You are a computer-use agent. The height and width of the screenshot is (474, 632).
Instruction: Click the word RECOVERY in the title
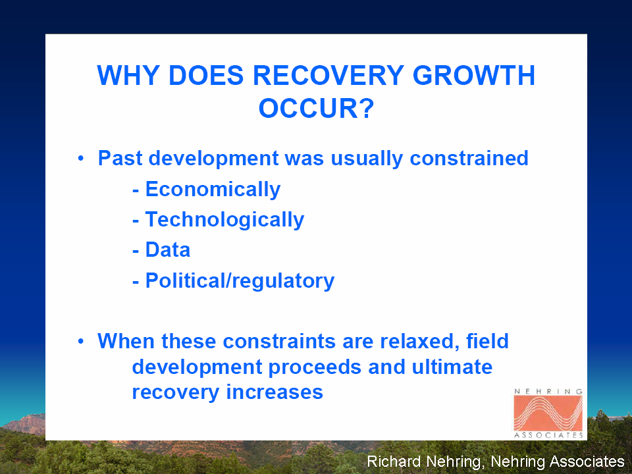coord(328,75)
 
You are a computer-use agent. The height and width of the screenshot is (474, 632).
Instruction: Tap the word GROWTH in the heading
coord(473,75)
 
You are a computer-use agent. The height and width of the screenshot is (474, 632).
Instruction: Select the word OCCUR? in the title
coord(317,108)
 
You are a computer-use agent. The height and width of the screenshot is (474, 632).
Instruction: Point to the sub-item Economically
coord(213,190)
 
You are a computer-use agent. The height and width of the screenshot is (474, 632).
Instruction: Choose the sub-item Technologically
coord(224,220)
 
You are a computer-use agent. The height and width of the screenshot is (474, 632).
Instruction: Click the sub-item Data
coord(168,250)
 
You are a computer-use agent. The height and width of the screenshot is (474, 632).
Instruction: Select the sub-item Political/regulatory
coord(240,281)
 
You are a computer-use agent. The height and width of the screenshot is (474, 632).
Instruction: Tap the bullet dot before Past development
coord(82,158)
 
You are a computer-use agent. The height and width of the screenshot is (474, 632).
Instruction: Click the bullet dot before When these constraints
coord(82,342)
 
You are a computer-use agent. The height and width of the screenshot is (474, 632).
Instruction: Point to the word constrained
coord(469,158)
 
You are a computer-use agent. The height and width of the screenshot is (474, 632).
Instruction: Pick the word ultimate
coord(452,367)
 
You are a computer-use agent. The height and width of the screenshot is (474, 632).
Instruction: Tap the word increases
coord(275,392)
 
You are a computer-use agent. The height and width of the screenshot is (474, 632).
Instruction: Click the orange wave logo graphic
coord(548,413)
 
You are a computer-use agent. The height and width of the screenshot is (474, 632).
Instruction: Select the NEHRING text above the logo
coord(548,391)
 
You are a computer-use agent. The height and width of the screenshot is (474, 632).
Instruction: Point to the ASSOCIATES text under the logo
coord(548,435)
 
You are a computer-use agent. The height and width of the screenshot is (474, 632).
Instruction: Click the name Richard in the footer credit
coord(394,461)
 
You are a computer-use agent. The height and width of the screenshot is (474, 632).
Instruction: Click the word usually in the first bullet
coord(367,159)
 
